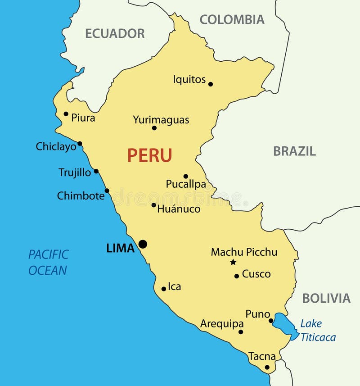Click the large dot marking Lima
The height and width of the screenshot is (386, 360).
coord(143,244)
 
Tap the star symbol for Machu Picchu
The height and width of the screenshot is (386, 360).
coord(233,262)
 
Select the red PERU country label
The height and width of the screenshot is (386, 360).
coord(149,155)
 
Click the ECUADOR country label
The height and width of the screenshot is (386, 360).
coord(115,33)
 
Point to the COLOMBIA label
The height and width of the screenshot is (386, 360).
coord(232,19)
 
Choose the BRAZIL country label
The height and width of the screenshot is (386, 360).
coord(294,151)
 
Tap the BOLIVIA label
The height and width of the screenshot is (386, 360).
coord(326,298)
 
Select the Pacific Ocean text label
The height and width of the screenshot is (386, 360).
coord(48,262)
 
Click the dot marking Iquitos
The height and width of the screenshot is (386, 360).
coord(211,84)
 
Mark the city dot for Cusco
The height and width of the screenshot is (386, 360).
coord(237,276)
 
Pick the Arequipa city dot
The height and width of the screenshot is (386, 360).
coord(241,332)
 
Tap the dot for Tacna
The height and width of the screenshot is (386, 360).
coord(267,367)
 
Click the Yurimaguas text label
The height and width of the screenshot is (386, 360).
coord(161,120)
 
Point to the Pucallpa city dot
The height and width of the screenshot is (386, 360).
coord(185,176)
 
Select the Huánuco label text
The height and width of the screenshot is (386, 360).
coord(179,209)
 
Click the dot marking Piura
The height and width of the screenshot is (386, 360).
coord(66,114)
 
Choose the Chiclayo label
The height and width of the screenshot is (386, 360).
coord(56,146)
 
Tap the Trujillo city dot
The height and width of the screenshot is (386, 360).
coord(96,171)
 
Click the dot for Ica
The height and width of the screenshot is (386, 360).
coord(164,289)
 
